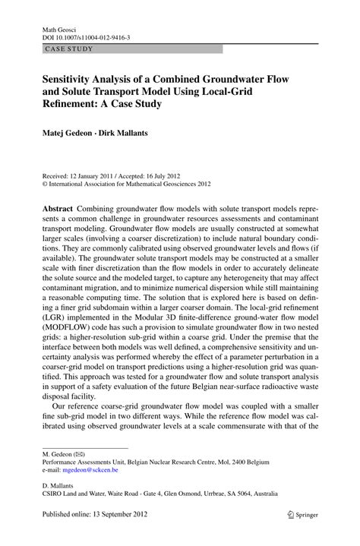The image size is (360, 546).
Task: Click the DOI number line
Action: click(86, 37)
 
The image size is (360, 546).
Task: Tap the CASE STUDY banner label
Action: click(69, 49)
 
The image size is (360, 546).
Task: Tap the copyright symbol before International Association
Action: click(45, 184)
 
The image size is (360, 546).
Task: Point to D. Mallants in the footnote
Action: click(59, 483)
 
